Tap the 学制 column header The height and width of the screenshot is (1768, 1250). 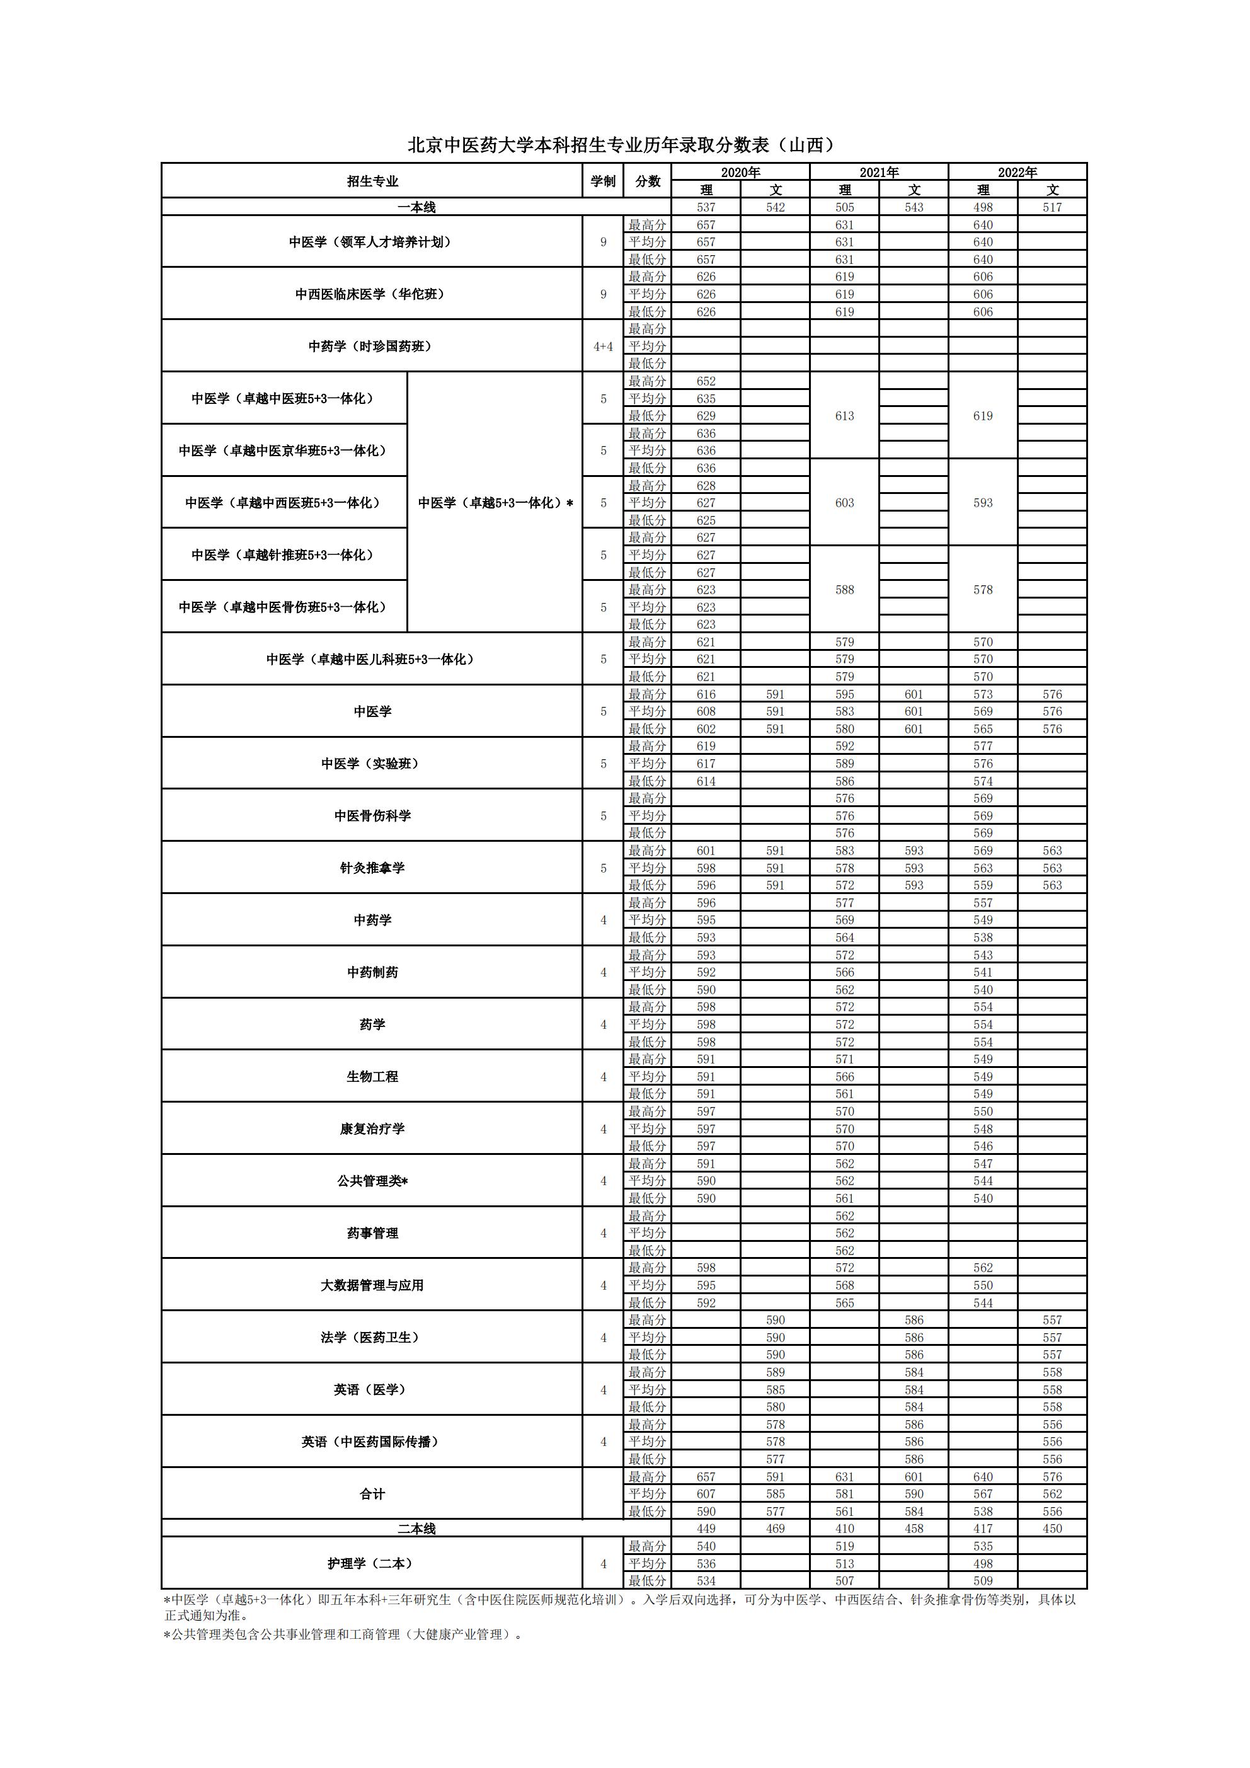[x=603, y=181]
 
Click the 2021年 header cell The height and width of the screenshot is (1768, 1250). [x=879, y=173]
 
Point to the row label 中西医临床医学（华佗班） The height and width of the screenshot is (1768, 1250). [x=372, y=294]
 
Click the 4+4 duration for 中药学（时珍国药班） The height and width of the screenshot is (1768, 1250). [x=603, y=347]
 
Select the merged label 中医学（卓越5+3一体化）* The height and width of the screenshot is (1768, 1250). [x=495, y=503]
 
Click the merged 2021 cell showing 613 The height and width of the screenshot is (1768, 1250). [x=844, y=416]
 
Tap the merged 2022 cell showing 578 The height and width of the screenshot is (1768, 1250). [x=983, y=590]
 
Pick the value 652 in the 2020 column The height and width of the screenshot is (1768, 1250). [x=706, y=381]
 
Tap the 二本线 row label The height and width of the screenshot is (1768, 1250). [x=416, y=1529]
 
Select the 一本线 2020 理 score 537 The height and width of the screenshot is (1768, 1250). [x=706, y=207]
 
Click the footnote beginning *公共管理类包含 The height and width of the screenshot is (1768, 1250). [x=343, y=1634]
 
